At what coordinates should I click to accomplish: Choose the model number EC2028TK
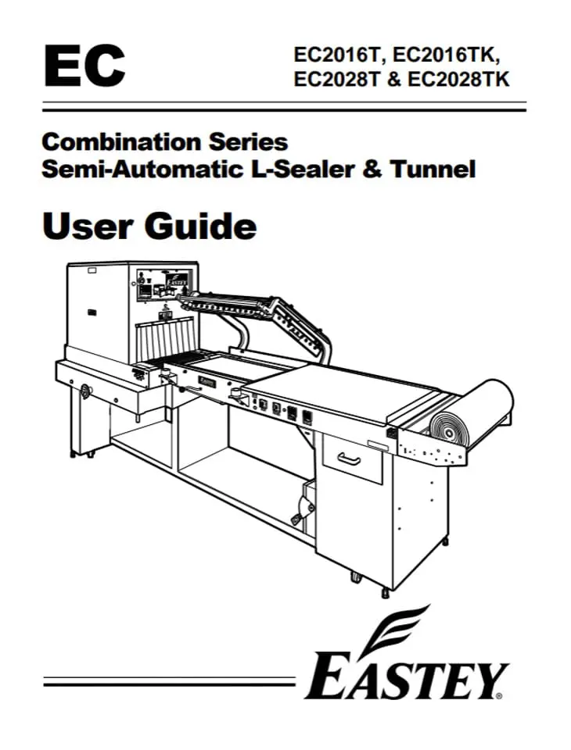pyautogui.click(x=467, y=80)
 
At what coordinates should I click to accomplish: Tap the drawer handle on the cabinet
pyautogui.click(x=349, y=461)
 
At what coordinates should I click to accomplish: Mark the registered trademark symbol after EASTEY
pyautogui.click(x=499, y=695)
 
